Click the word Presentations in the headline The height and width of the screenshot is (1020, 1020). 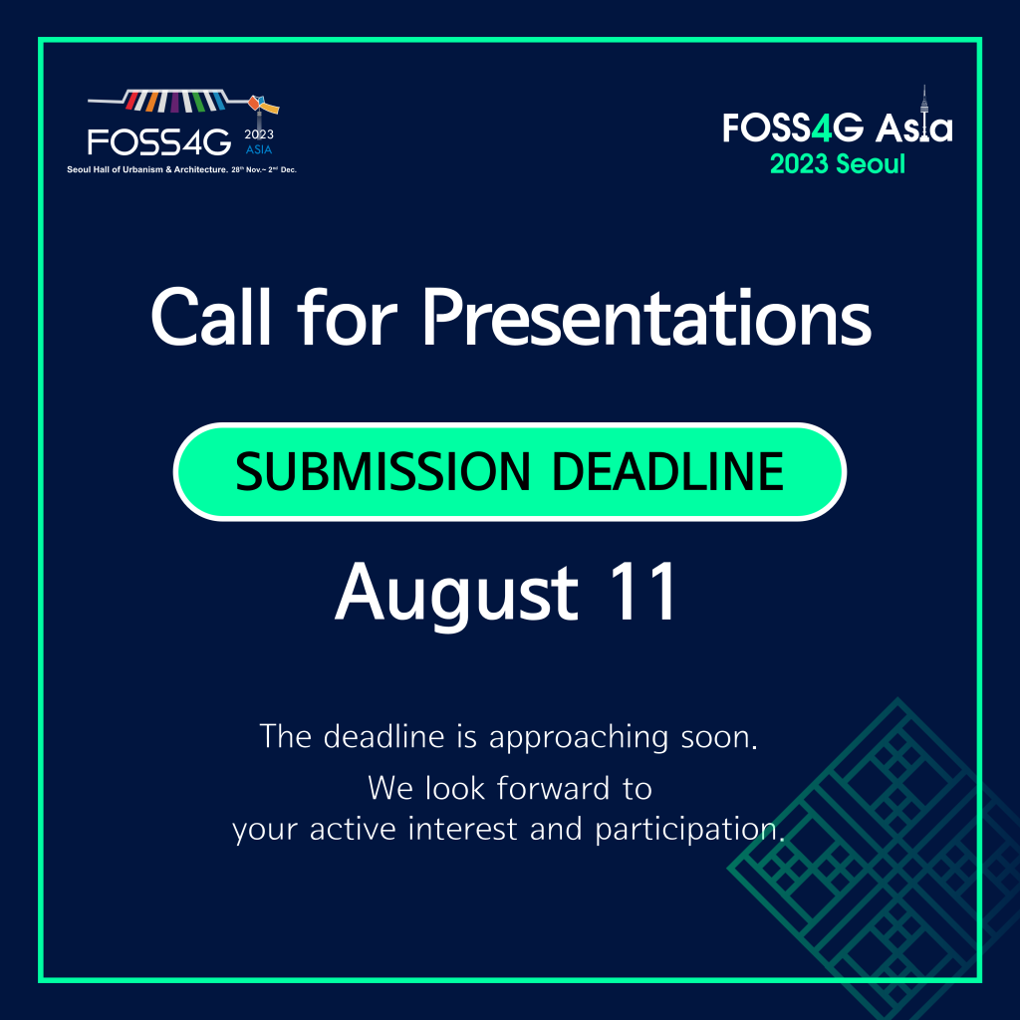point(646,318)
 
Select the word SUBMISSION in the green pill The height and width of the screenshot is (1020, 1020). point(383,471)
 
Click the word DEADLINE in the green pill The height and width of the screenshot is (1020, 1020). point(668,471)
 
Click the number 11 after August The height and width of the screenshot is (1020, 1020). point(642,592)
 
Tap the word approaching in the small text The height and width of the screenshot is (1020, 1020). point(579,738)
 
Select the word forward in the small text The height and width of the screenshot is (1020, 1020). point(553,788)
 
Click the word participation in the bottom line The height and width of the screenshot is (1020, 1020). point(689,830)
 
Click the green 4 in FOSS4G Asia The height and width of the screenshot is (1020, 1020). point(822,127)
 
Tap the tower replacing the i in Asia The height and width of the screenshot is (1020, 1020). point(923,116)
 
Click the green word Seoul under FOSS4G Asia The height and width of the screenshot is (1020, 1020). point(870,164)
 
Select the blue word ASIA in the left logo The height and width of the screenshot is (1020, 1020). point(259,149)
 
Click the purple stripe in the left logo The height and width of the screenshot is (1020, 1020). point(174,103)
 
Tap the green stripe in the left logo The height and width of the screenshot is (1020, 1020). point(198,103)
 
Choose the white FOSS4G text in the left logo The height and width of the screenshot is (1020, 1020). point(159,141)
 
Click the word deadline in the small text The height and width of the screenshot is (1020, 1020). point(383,736)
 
